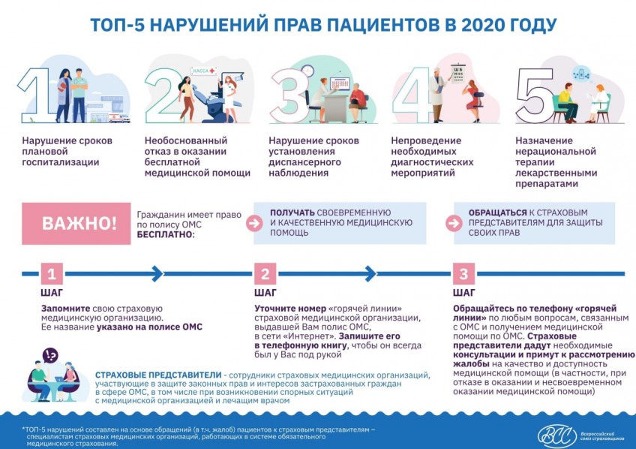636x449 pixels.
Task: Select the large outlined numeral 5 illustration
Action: click(x=535, y=95)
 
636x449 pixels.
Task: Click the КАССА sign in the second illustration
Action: click(x=203, y=71)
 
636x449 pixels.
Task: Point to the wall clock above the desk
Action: click(x=307, y=71)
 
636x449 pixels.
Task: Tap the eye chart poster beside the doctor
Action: click(x=458, y=74)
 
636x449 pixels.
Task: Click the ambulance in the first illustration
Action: click(x=119, y=118)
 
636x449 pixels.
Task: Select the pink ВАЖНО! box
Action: click(x=76, y=223)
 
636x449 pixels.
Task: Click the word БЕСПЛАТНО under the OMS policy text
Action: click(x=166, y=235)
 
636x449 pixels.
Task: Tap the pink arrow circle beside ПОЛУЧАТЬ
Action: click(x=254, y=223)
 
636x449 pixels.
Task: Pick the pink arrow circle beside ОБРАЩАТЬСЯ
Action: click(x=454, y=223)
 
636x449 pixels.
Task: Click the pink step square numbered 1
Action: click(x=52, y=273)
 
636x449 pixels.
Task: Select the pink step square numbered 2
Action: click(x=265, y=273)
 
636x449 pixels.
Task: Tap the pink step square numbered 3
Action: click(x=463, y=273)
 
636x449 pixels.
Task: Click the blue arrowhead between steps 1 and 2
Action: click(x=157, y=273)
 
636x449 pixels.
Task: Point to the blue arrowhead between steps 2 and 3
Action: click(x=370, y=273)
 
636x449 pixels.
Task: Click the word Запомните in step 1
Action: click(x=66, y=309)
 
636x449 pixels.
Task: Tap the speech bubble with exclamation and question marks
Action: click(x=50, y=356)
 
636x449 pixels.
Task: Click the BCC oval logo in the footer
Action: click(x=557, y=436)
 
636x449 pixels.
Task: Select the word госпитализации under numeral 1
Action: click(x=61, y=162)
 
